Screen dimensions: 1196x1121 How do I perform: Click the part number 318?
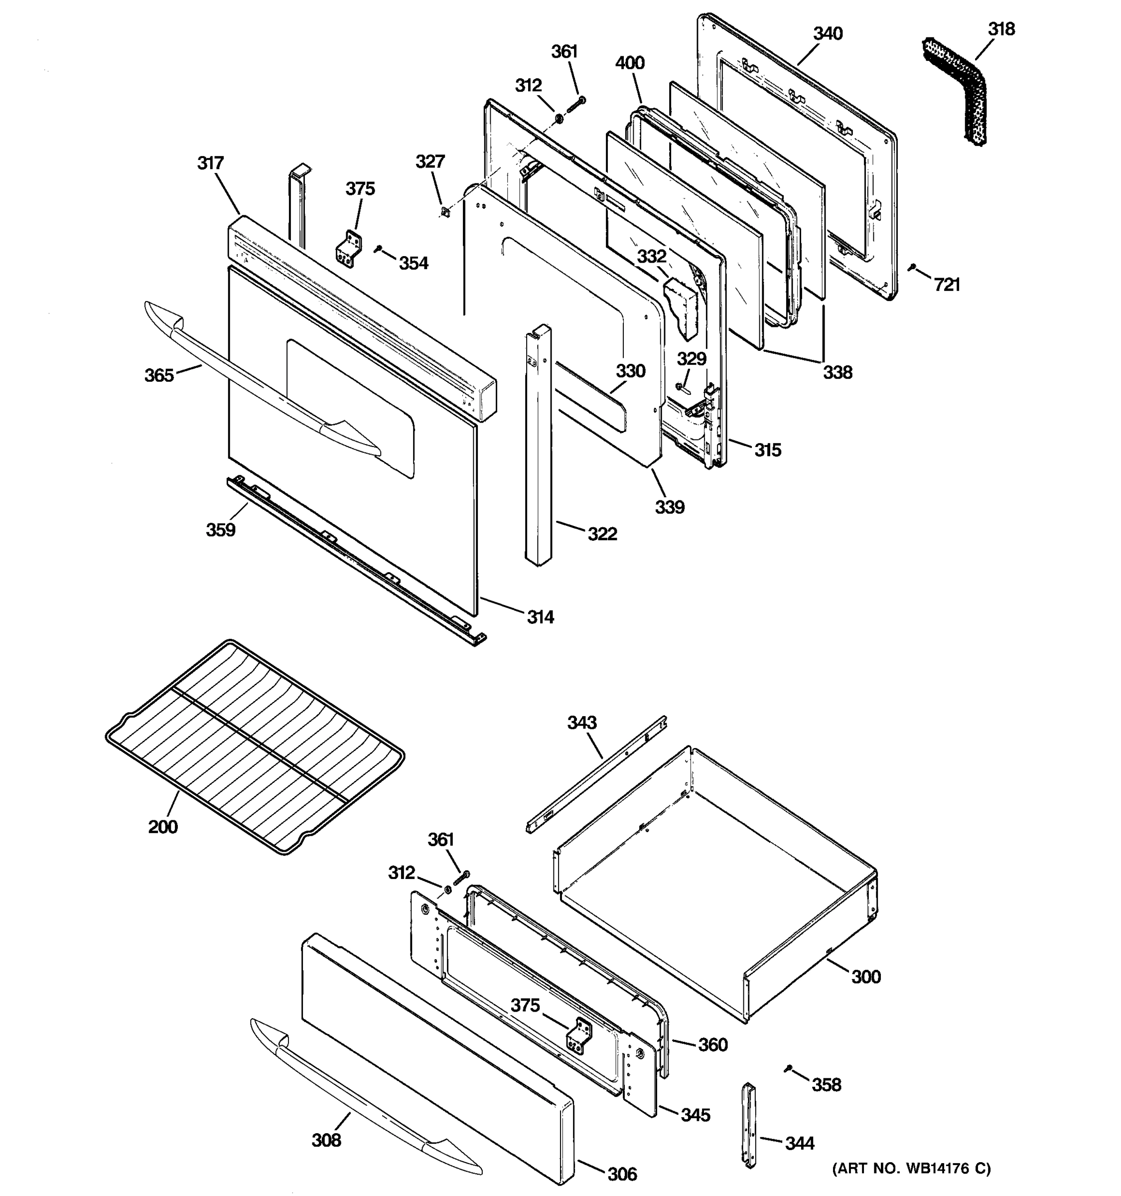click(x=1001, y=29)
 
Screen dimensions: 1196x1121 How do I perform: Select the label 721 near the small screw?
click(x=947, y=285)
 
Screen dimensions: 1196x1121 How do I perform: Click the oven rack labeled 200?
click(x=253, y=746)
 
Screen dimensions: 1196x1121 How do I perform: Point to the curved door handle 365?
click(x=259, y=385)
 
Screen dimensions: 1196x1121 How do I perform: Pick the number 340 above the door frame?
click(x=828, y=34)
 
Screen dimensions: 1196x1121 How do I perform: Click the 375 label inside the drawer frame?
click(x=525, y=1005)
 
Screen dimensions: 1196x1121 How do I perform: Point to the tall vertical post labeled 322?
click(x=537, y=445)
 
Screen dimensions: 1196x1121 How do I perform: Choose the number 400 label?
click(x=630, y=63)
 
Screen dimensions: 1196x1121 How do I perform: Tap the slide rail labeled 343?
click(x=595, y=775)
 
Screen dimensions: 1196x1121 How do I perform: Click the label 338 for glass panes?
click(x=837, y=372)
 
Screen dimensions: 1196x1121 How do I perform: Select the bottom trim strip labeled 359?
click(x=355, y=560)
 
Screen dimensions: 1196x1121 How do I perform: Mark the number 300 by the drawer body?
click(x=865, y=976)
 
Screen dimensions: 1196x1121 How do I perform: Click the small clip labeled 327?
click(x=445, y=211)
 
